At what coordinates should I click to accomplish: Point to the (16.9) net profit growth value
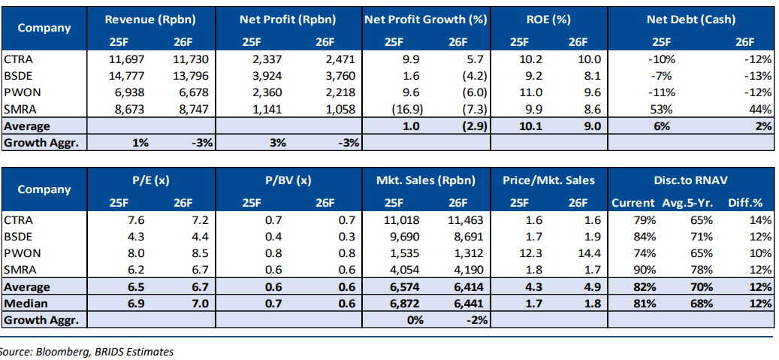tap(405, 108)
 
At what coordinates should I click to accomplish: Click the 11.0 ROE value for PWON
tap(531, 92)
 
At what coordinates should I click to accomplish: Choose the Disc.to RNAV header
tap(690, 180)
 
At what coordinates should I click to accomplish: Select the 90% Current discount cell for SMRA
tap(645, 270)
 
